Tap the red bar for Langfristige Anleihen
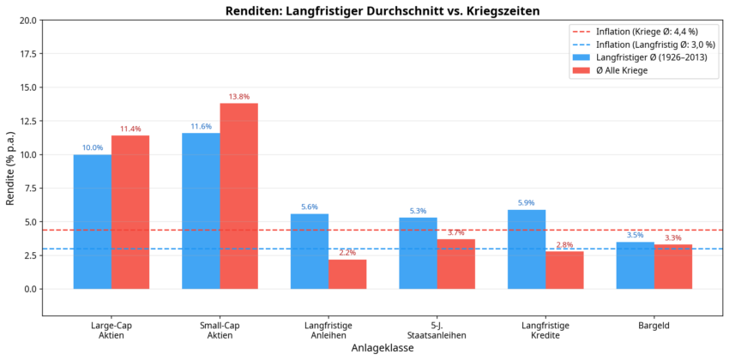coord(347,273)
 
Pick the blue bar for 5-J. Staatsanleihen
coord(418,253)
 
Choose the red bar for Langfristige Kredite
coord(564,269)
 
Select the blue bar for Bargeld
coord(635,265)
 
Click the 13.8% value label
coord(238,97)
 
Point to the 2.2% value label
coord(347,253)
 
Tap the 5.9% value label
coord(527,203)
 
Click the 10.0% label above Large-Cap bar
coord(93,148)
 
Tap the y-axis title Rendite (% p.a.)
coord(10,168)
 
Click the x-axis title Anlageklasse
coord(383,349)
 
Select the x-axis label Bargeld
coord(654,326)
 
